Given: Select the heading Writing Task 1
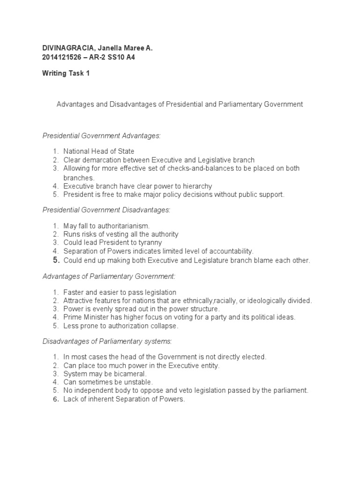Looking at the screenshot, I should (66, 74).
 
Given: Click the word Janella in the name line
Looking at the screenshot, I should (108, 48).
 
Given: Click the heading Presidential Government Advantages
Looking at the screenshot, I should (102, 135).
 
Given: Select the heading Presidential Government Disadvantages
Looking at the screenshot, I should (106, 210).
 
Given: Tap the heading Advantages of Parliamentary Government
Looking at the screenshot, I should (109, 277).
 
